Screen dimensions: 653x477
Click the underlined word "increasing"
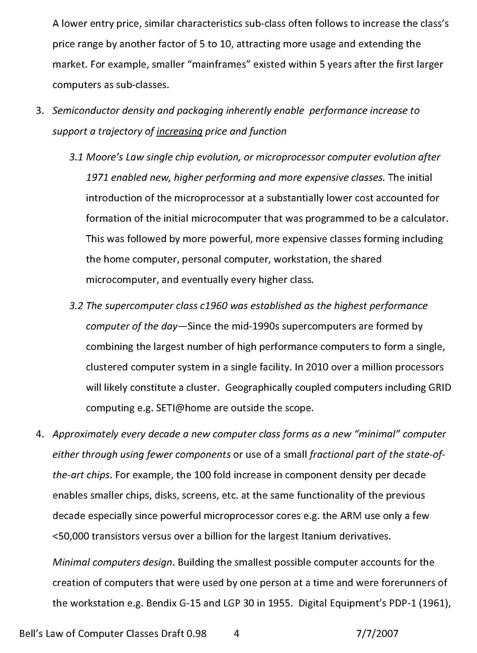tap(179, 132)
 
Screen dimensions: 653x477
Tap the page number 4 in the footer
tap(236, 633)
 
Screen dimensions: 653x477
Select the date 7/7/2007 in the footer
tap(377, 633)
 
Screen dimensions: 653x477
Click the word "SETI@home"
tap(183, 408)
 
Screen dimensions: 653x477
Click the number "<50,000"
tap(71, 537)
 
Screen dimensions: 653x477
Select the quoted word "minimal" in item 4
tap(377, 434)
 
